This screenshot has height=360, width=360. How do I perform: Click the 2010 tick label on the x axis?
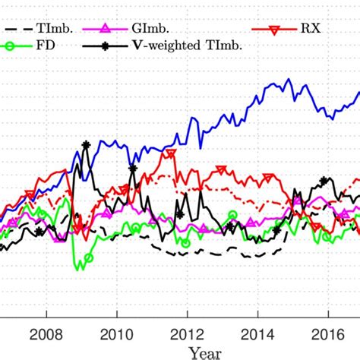116,334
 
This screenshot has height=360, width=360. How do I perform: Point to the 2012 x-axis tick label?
187,334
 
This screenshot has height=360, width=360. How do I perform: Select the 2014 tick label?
257,334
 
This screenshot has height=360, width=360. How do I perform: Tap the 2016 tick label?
327,334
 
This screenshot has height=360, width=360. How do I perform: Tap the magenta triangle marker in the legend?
106,30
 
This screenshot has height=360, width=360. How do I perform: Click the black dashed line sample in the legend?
19,30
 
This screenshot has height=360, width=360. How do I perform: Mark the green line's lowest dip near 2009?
78,268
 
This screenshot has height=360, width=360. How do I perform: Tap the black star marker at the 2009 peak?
86,144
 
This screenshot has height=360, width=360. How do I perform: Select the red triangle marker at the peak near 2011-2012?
171,153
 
